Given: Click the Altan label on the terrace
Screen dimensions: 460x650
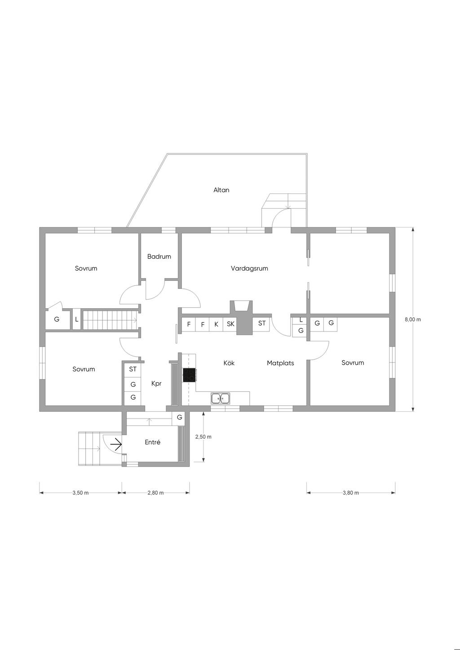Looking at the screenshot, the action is point(221,190).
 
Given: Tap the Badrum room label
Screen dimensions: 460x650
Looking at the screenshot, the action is point(159,257).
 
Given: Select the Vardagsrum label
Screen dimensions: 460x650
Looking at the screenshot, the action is point(249,268).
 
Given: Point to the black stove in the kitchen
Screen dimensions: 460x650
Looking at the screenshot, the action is point(189,375).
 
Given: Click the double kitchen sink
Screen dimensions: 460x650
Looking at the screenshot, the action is point(221,398).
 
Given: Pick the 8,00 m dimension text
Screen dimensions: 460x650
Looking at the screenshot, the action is point(413,319).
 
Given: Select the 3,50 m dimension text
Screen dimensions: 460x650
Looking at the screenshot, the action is point(80,493).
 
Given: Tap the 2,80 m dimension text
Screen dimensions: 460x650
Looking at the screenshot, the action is point(155,493).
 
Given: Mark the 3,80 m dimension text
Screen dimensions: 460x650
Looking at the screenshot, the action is point(351,493).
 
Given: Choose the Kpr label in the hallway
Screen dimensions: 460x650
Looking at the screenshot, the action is point(156,384).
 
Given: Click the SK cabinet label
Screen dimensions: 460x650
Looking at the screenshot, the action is point(230,324).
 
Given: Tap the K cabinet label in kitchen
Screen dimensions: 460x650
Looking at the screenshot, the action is point(216,324).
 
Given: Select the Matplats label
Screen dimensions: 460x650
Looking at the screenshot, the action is point(280,363).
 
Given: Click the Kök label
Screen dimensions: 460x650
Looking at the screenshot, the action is point(229,363).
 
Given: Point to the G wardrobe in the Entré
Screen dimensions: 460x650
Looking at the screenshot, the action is point(180,418).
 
